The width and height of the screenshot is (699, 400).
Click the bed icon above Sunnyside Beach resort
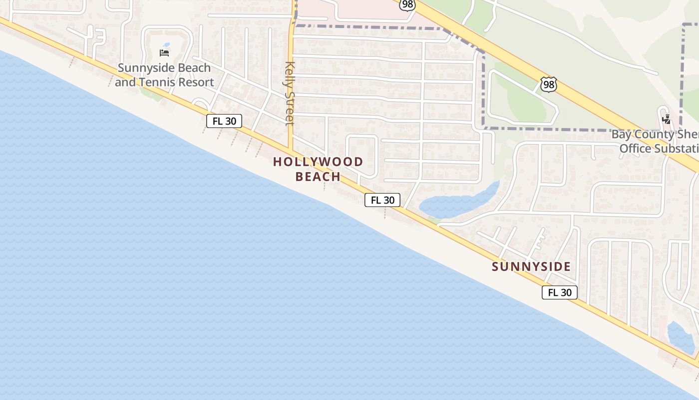coord(164,52)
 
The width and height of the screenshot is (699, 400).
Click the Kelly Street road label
coord(290,93)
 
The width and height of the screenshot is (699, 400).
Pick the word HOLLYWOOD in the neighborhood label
coord(318,162)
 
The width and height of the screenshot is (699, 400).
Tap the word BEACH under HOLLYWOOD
coord(318,176)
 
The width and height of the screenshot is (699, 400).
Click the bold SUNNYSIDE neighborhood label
coord(531,266)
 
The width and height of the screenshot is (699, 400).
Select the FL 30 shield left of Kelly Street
coord(224,121)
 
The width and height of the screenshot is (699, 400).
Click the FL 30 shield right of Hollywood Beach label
coord(382,200)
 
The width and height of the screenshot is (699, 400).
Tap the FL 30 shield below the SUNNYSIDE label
coord(560,292)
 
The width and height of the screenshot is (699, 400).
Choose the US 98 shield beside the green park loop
coord(549,84)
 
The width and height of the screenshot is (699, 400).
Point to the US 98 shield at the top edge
coord(407,4)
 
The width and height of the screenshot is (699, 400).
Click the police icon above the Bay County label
coord(666,119)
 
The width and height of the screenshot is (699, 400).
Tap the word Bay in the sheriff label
coord(622,134)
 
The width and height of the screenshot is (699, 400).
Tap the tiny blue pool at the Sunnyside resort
coord(166,44)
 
